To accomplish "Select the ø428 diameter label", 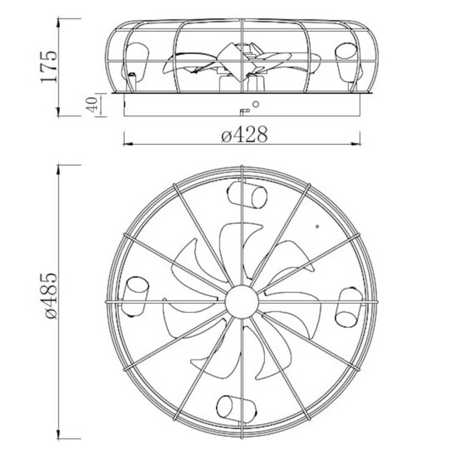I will tap(244, 135).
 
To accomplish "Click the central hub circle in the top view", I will tap(242, 298).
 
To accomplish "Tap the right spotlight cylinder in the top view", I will tap(346, 308).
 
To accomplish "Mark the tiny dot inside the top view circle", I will tap(318, 227).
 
